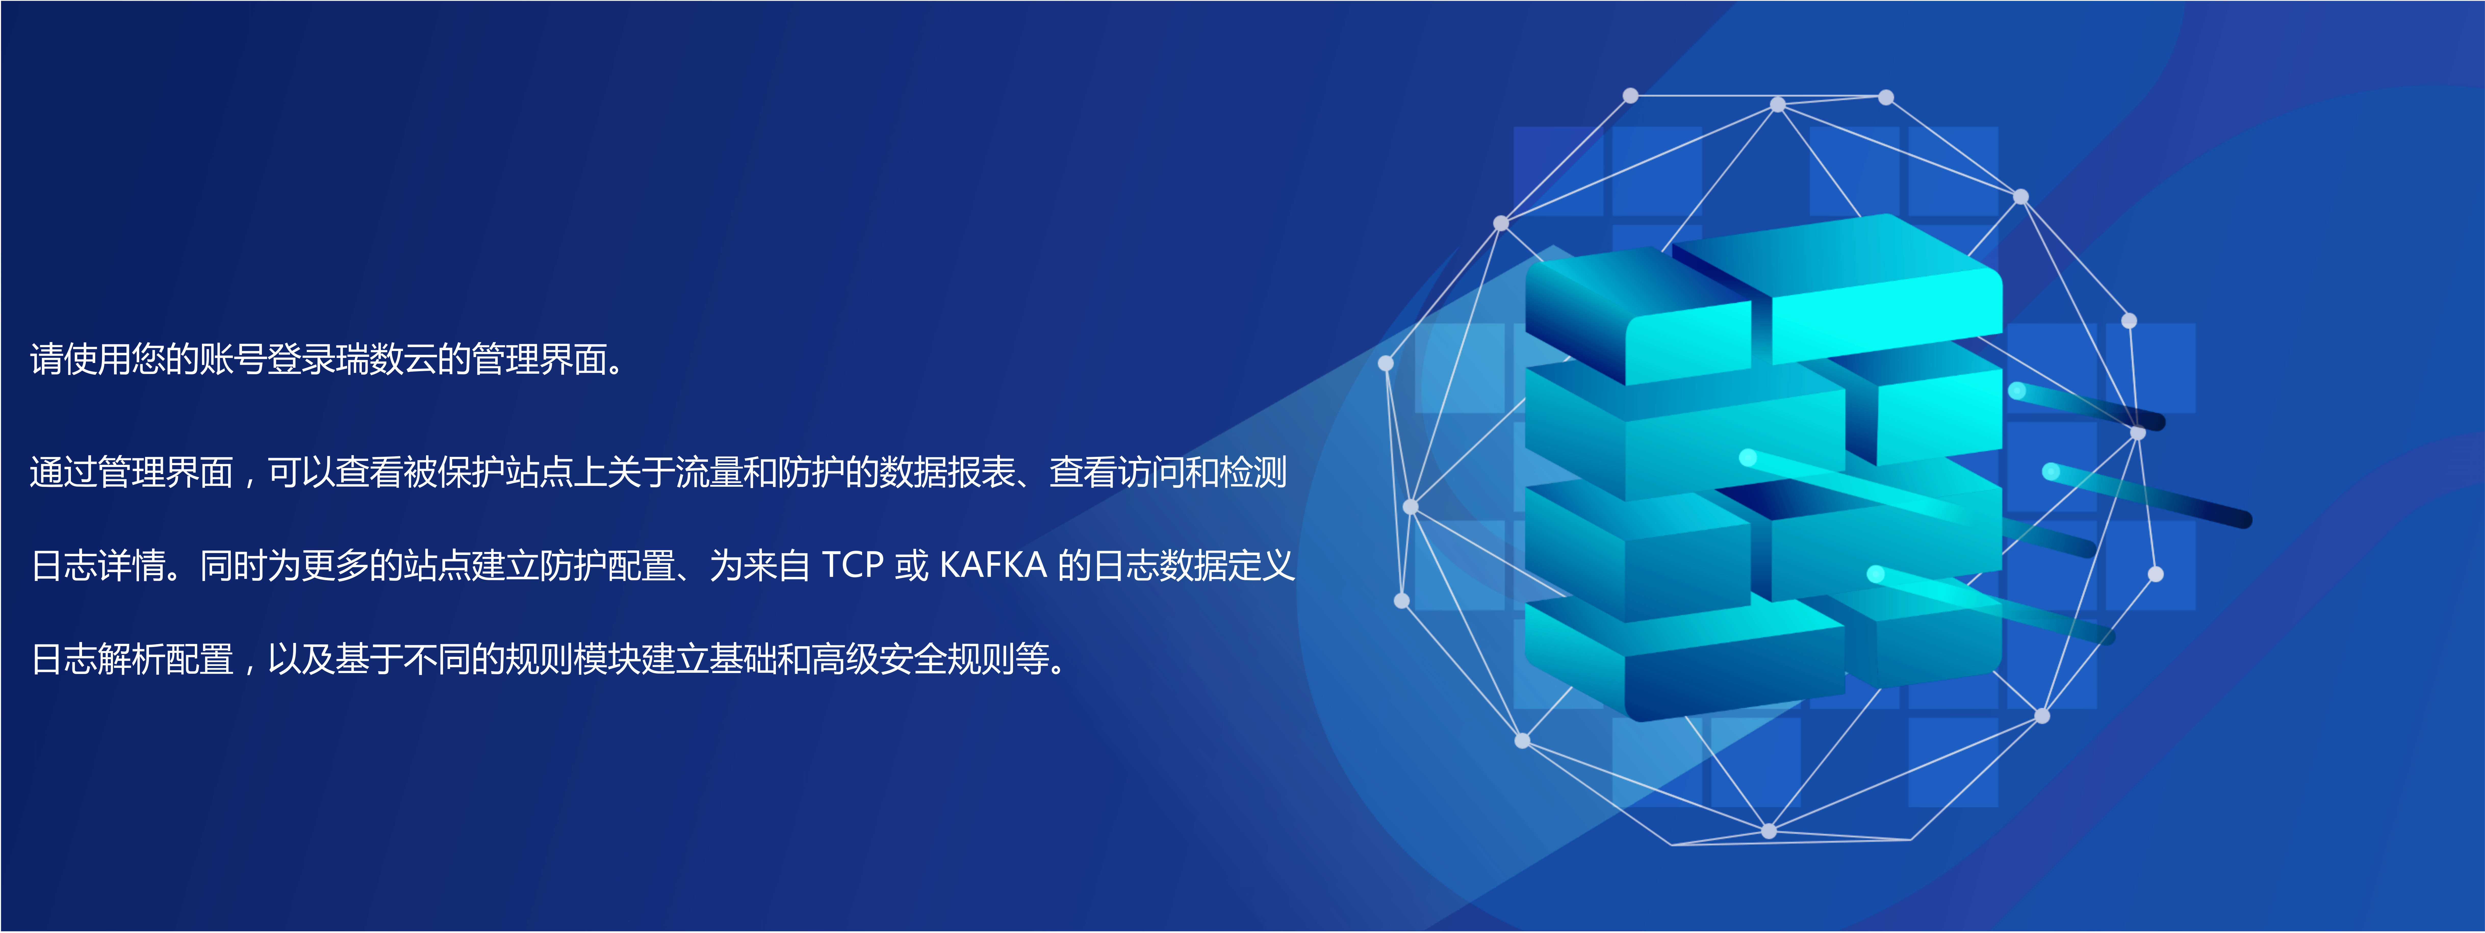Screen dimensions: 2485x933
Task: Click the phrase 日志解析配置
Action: click(132, 659)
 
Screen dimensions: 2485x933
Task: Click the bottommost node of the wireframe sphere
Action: click(1768, 831)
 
